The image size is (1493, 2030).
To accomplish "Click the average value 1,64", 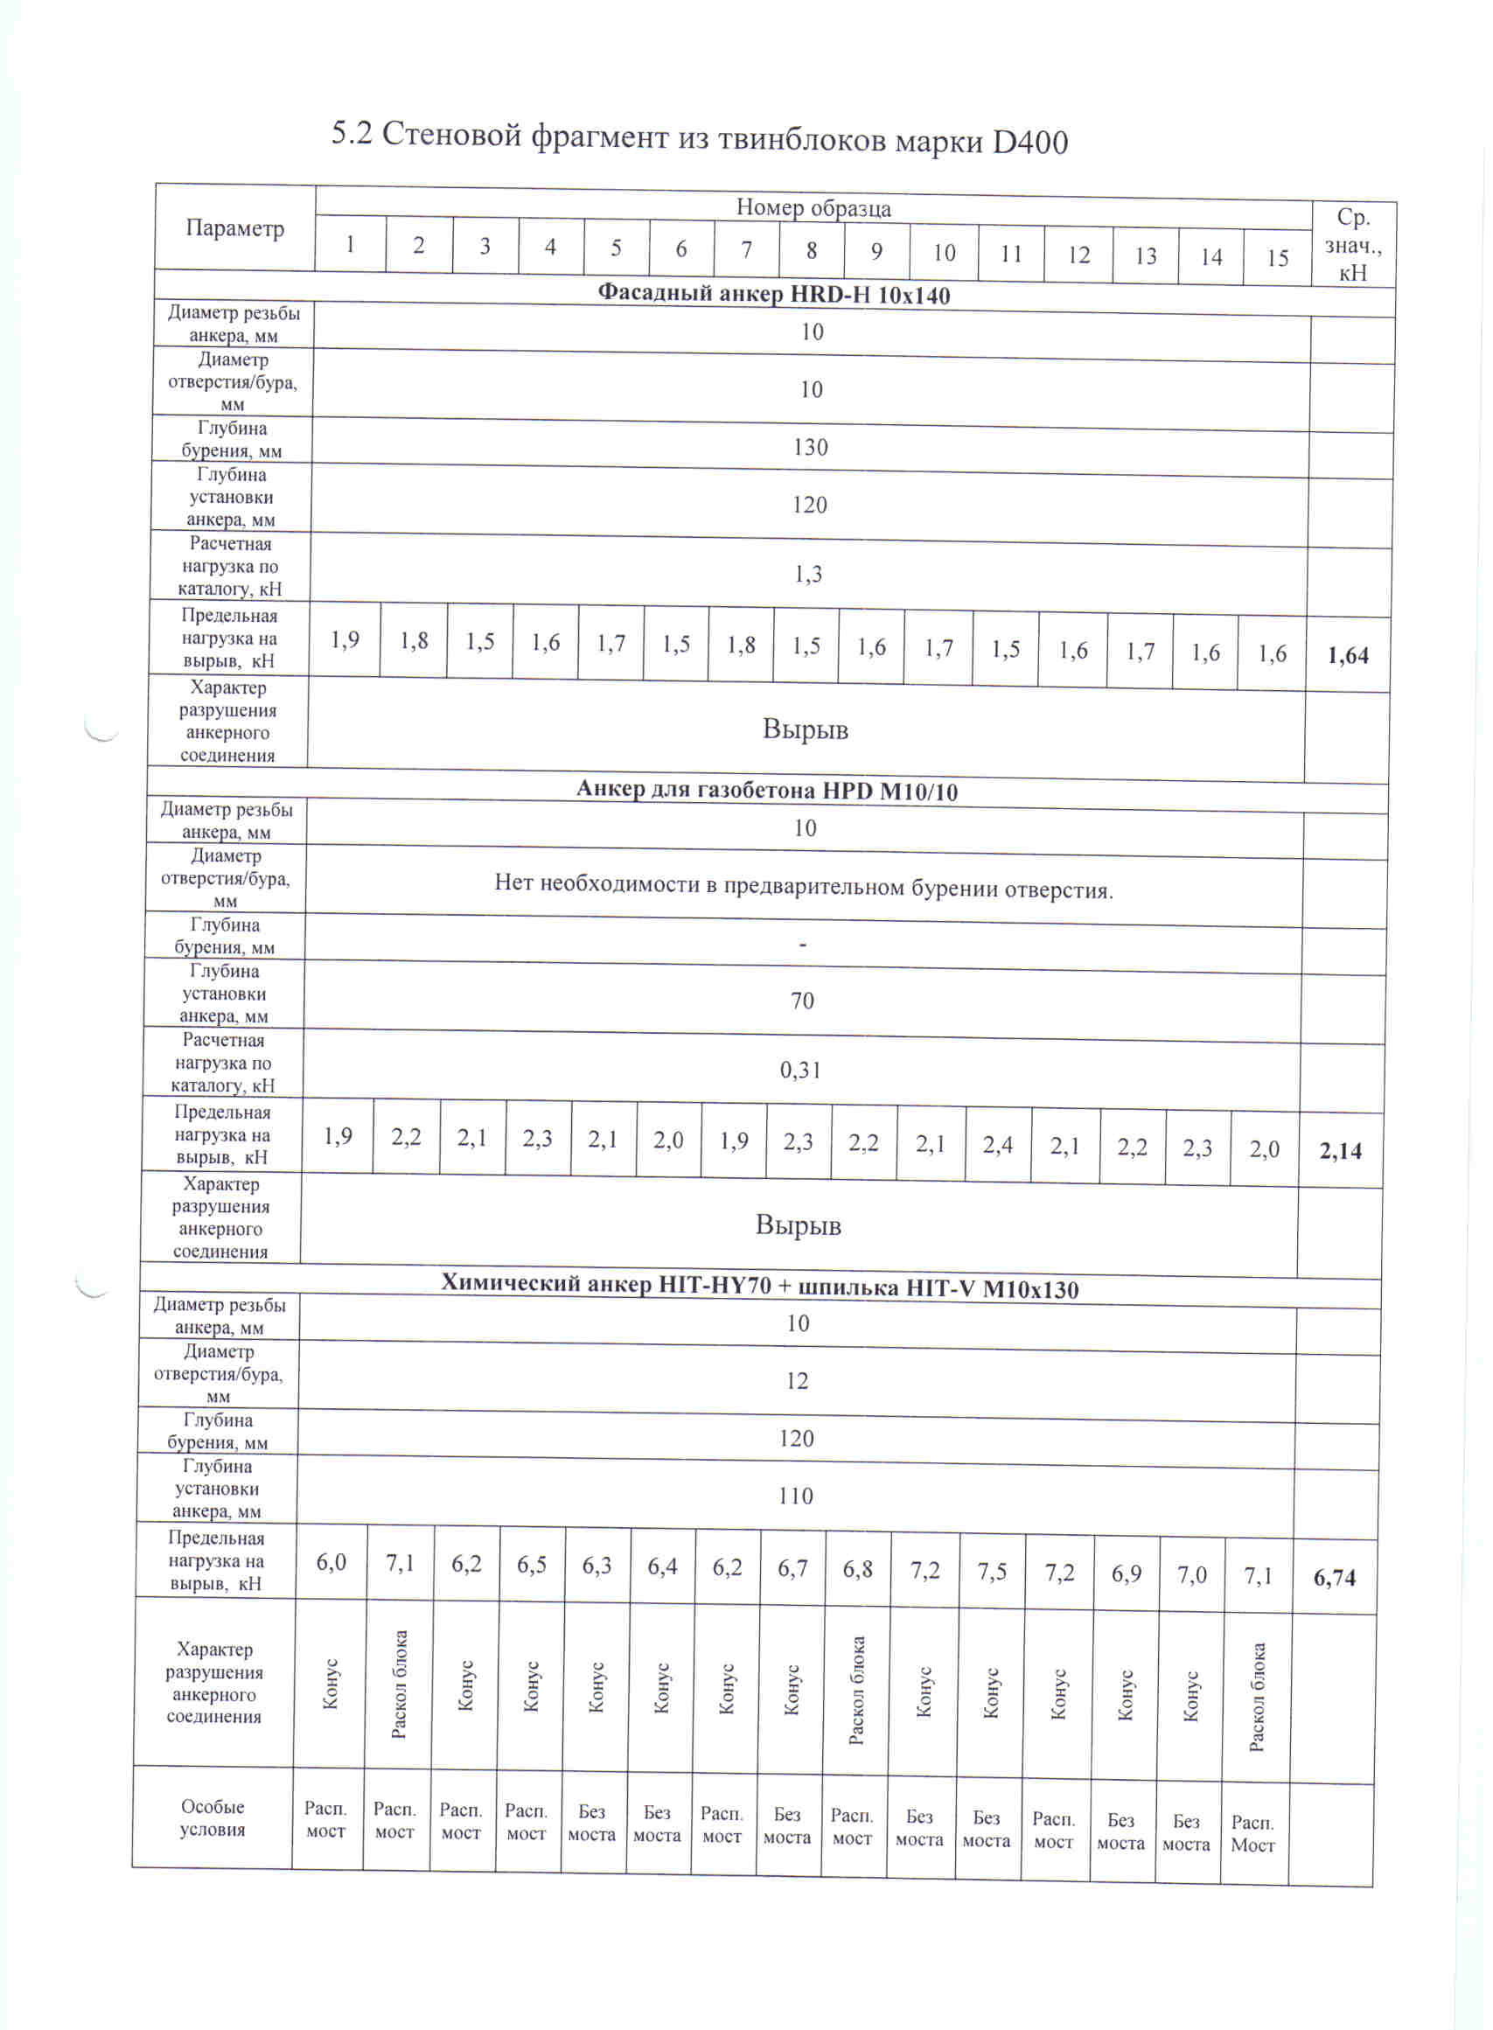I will pyautogui.click(x=1348, y=655).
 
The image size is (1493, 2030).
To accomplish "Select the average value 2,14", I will pyautogui.click(x=1340, y=1151).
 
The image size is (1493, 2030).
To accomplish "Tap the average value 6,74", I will pyautogui.click(x=1335, y=1578).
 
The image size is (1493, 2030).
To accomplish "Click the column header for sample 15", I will pyautogui.click(x=1276, y=259).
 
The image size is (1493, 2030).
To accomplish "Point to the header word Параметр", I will pyautogui.click(x=234, y=227).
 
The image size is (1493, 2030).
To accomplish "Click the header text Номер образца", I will pyautogui.click(x=813, y=208).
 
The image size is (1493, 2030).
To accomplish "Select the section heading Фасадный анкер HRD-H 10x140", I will pyautogui.click(x=773, y=295).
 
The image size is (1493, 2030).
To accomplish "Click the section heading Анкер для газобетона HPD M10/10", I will pyautogui.click(x=766, y=791).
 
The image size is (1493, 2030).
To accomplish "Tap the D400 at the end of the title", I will pyautogui.click(x=1029, y=142).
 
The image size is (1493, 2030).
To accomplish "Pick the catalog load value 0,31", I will pyautogui.click(x=800, y=1071).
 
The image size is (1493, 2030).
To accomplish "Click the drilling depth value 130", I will pyautogui.click(x=811, y=448).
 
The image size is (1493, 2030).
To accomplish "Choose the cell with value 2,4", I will pyautogui.click(x=998, y=1145).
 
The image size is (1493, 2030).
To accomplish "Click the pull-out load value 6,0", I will pyautogui.click(x=331, y=1562).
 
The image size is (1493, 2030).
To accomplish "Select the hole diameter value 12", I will pyautogui.click(x=797, y=1381).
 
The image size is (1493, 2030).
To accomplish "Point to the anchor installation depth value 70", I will pyautogui.click(x=803, y=1001).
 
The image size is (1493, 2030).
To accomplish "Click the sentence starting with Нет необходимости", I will pyautogui.click(x=804, y=887).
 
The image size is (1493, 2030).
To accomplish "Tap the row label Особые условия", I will pyautogui.click(x=213, y=1817).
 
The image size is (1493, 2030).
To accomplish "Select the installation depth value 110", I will pyautogui.click(x=795, y=1496).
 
